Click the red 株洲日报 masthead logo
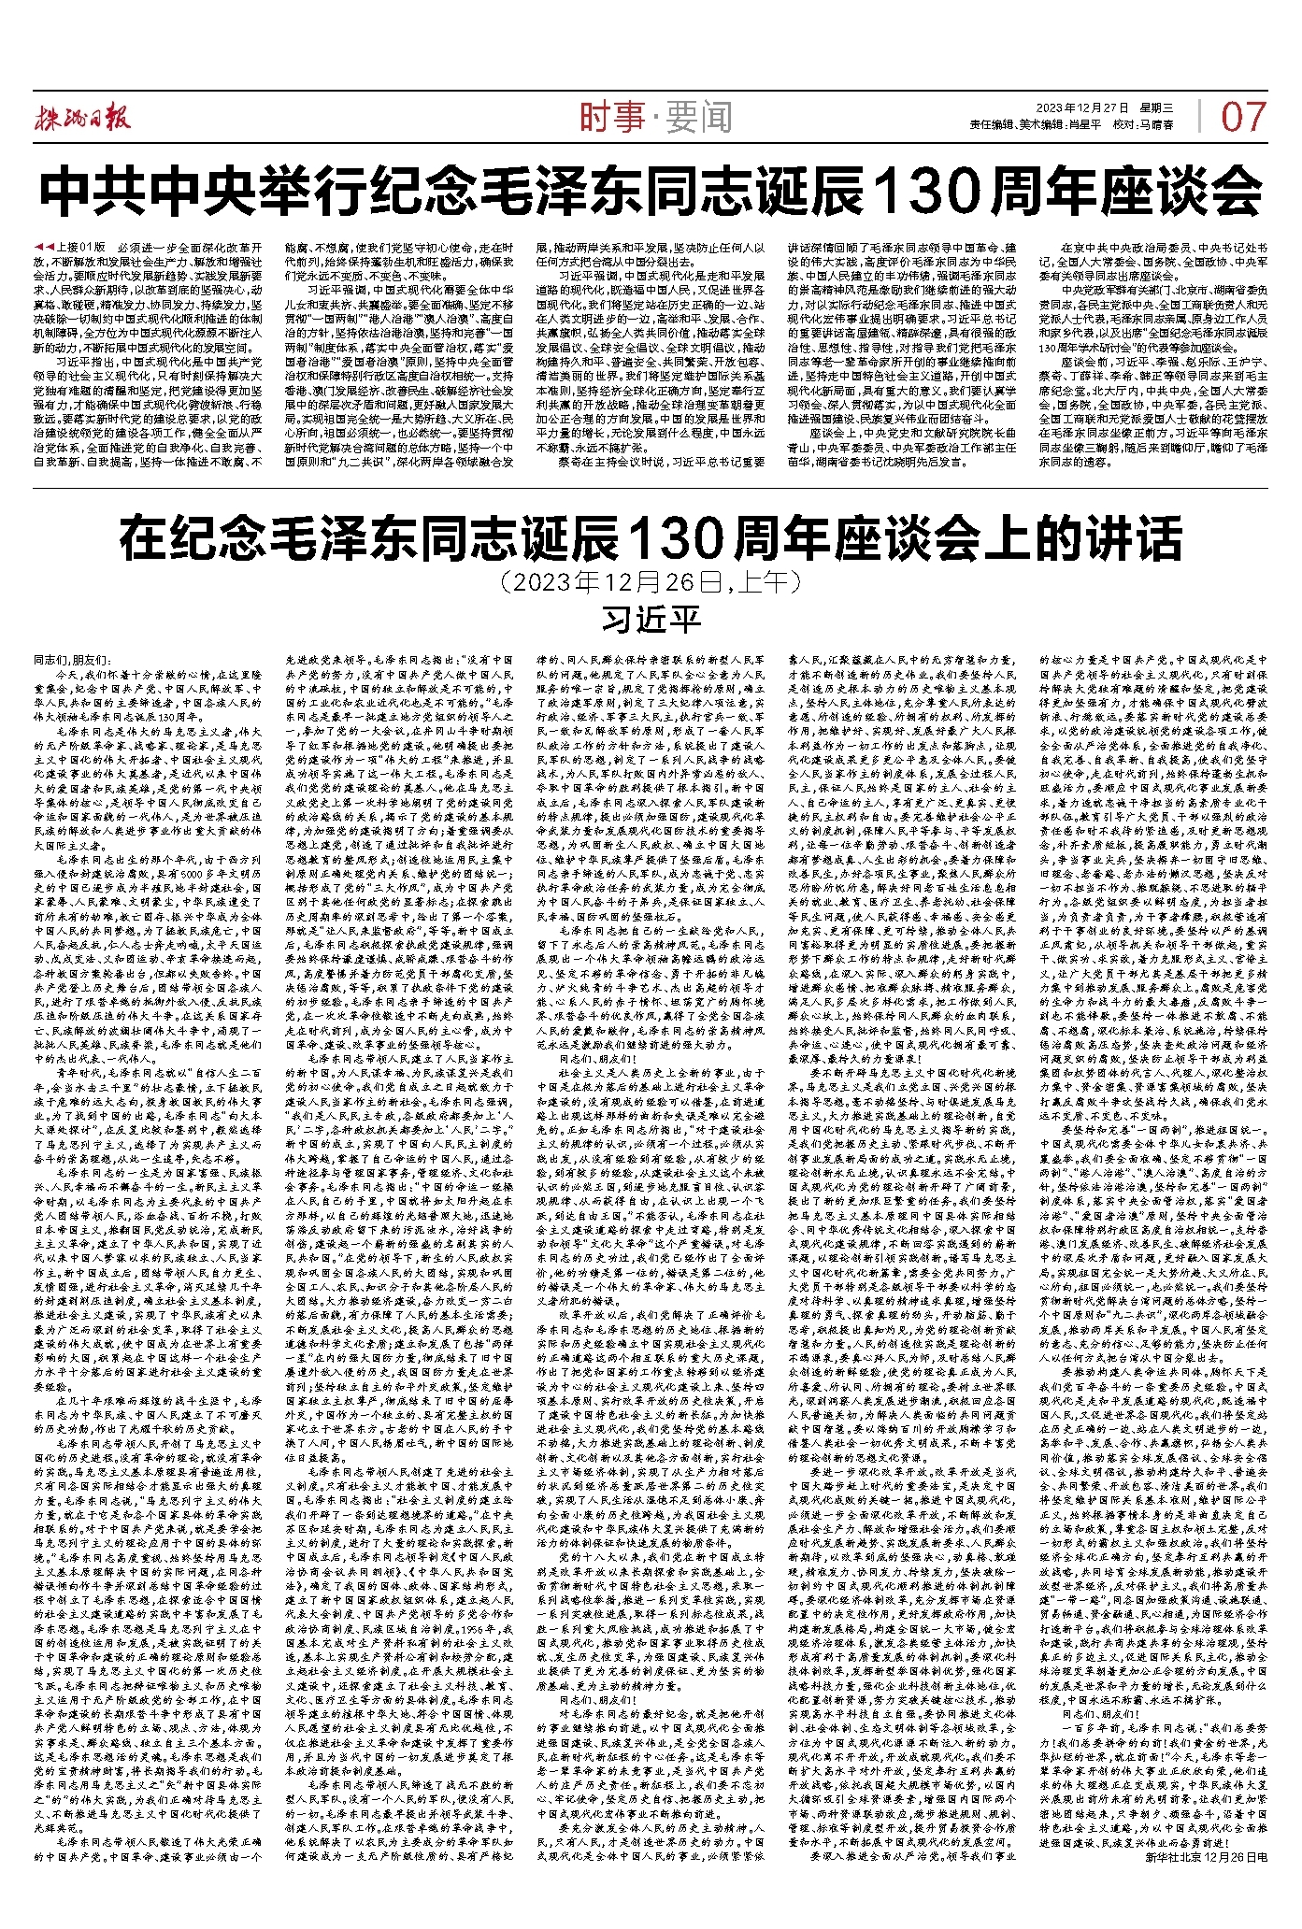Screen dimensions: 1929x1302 [x=83, y=115]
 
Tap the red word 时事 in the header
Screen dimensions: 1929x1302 [x=612, y=118]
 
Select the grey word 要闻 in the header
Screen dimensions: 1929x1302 [x=699, y=118]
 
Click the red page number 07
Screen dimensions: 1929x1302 [x=1242, y=117]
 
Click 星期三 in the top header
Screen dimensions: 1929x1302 [x=1155, y=108]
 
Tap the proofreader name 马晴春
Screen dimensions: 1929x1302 [x=1156, y=124]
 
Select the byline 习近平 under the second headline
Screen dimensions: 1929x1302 [x=651, y=619]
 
